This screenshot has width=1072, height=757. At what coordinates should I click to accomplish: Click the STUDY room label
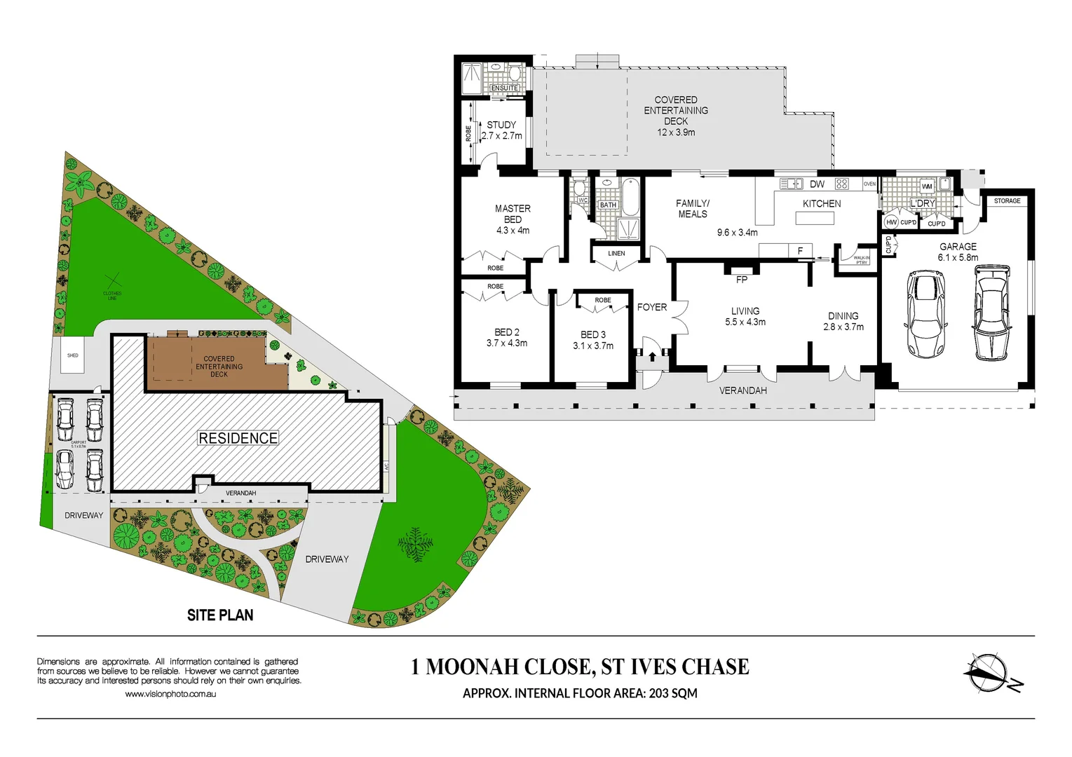(501, 125)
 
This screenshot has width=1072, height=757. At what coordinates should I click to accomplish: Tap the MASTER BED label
(513, 214)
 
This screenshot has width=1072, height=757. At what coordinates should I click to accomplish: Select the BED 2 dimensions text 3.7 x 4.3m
(507, 343)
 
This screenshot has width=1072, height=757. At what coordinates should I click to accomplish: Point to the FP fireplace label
(742, 280)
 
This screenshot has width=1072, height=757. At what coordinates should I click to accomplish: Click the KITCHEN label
(822, 204)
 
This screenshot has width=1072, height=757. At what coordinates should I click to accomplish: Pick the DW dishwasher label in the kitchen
(817, 184)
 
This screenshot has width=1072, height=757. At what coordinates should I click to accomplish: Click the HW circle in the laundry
(891, 222)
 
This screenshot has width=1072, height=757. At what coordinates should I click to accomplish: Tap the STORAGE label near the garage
(1007, 201)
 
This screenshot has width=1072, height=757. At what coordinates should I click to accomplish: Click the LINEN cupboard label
(616, 254)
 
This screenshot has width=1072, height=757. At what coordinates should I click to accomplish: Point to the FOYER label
(652, 307)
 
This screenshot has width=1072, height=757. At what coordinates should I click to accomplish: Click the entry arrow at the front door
(652, 357)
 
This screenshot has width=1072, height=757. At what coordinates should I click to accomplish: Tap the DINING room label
(843, 316)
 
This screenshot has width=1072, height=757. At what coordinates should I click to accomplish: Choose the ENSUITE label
(505, 88)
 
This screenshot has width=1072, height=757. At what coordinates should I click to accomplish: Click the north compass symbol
(991, 673)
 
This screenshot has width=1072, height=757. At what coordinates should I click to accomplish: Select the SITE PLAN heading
(220, 615)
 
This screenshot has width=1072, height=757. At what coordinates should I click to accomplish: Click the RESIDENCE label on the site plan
(238, 438)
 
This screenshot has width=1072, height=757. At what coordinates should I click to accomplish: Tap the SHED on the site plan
(73, 355)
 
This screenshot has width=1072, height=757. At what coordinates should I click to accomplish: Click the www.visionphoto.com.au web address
(170, 694)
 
